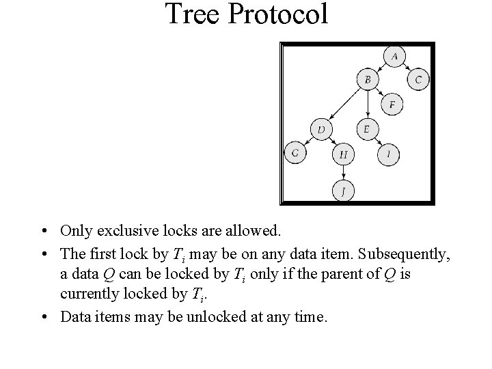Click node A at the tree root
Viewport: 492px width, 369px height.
pos(395,56)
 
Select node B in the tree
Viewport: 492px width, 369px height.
pos(368,80)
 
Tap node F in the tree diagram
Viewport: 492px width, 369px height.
pos(392,105)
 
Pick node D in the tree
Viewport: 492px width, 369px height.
pos(320,128)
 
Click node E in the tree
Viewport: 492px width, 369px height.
pos(367,128)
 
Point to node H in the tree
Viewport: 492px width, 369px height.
pos(344,154)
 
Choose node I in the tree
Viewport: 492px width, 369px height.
pos(389,154)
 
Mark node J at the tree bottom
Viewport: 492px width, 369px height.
pos(344,191)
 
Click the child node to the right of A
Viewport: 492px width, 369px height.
pos(419,80)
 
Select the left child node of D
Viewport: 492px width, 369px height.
pos(295,154)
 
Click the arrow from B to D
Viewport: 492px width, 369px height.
pos(344,104)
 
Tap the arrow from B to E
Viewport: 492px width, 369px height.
pos(368,104)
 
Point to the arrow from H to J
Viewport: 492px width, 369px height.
pos(344,172)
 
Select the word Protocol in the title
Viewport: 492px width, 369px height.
pos(279,14)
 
